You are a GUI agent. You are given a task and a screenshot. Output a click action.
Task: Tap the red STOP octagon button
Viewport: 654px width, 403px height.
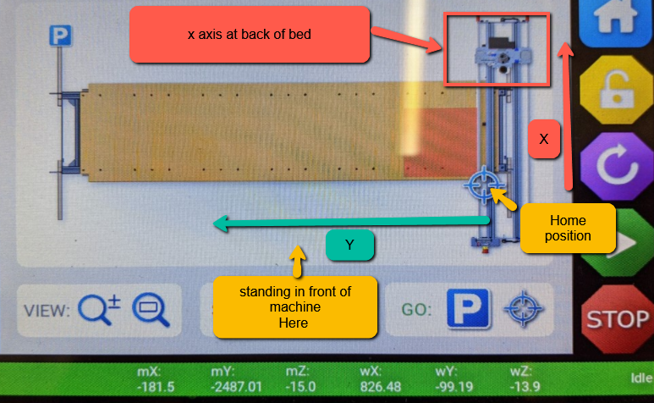(x=617, y=318)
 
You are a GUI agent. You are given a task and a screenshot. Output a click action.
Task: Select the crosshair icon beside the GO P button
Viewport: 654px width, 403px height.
(x=520, y=309)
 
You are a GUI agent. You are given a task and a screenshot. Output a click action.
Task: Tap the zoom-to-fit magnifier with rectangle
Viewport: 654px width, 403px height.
(x=151, y=309)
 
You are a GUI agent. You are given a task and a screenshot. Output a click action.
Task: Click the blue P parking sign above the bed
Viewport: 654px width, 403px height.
(x=60, y=35)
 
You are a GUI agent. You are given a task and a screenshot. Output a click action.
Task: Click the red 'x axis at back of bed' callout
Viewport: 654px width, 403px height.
(x=250, y=35)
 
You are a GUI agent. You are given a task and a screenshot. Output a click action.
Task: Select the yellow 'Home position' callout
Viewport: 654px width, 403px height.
(x=568, y=228)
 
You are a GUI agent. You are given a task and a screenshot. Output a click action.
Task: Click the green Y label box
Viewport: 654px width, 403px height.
(x=349, y=246)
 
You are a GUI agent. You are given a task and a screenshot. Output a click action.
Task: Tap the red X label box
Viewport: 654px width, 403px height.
(x=544, y=139)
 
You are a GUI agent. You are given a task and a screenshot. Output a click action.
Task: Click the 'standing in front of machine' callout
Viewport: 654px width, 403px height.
(x=295, y=306)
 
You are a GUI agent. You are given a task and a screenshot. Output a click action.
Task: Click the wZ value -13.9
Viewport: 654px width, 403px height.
(x=519, y=387)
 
